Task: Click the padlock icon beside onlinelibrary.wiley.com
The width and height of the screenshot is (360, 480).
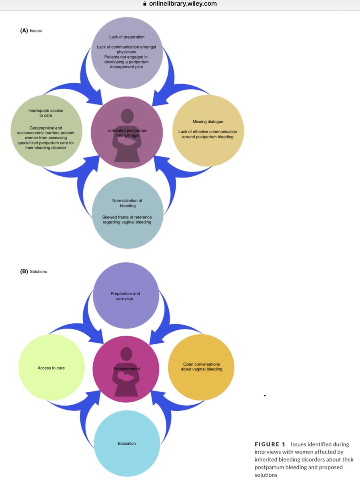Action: click(144, 4)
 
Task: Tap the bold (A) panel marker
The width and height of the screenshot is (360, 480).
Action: click(24, 31)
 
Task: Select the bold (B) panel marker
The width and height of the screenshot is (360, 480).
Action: click(24, 271)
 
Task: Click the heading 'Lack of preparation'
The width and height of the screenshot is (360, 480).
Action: click(127, 37)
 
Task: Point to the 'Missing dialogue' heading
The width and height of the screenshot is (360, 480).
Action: click(208, 122)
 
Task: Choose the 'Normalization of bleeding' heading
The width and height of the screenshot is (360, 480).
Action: click(127, 203)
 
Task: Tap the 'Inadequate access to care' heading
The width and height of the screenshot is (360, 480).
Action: click(46, 113)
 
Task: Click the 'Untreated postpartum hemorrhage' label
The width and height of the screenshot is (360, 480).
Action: click(127, 133)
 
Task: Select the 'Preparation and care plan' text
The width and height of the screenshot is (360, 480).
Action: click(125, 296)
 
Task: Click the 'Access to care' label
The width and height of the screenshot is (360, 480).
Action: click(51, 368)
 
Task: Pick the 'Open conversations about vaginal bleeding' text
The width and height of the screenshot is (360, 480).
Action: click(202, 366)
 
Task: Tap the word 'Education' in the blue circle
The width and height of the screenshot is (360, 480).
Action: click(127, 443)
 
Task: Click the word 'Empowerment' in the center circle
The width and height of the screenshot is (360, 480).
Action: click(126, 369)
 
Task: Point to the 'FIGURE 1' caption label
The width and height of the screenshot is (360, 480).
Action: click(270, 444)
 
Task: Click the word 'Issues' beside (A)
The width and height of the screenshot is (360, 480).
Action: click(36, 31)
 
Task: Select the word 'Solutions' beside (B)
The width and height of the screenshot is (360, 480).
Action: click(38, 271)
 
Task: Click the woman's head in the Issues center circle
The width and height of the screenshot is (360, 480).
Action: click(127, 116)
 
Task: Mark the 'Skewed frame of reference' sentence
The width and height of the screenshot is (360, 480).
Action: click(127, 220)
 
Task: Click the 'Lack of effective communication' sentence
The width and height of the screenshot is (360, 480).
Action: click(208, 134)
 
